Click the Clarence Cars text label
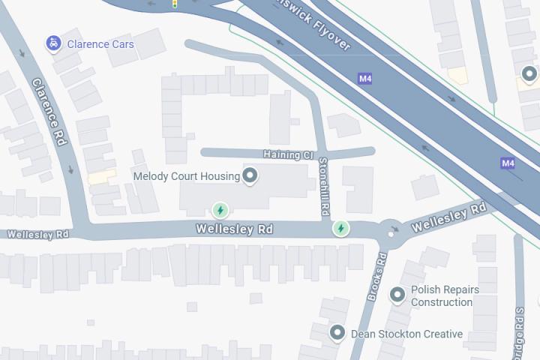[x=100, y=44]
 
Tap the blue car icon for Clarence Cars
[x=53, y=43]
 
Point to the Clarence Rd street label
[x=50, y=112]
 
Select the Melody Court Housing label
[x=186, y=176]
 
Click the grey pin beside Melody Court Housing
[x=251, y=176]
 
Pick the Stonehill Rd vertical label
[x=325, y=187]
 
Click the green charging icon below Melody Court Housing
[x=220, y=209]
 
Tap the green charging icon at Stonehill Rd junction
[x=341, y=227]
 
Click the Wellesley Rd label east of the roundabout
[x=449, y=217]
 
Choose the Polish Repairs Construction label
[x=445, y=295]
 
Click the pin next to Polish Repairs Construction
[x=397, y=295]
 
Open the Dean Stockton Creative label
[x=407, y=334]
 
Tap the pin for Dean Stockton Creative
[x=337, y=331]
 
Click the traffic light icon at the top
[x=175, y=4]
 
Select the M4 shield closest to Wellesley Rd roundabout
[x=508, y=163]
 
